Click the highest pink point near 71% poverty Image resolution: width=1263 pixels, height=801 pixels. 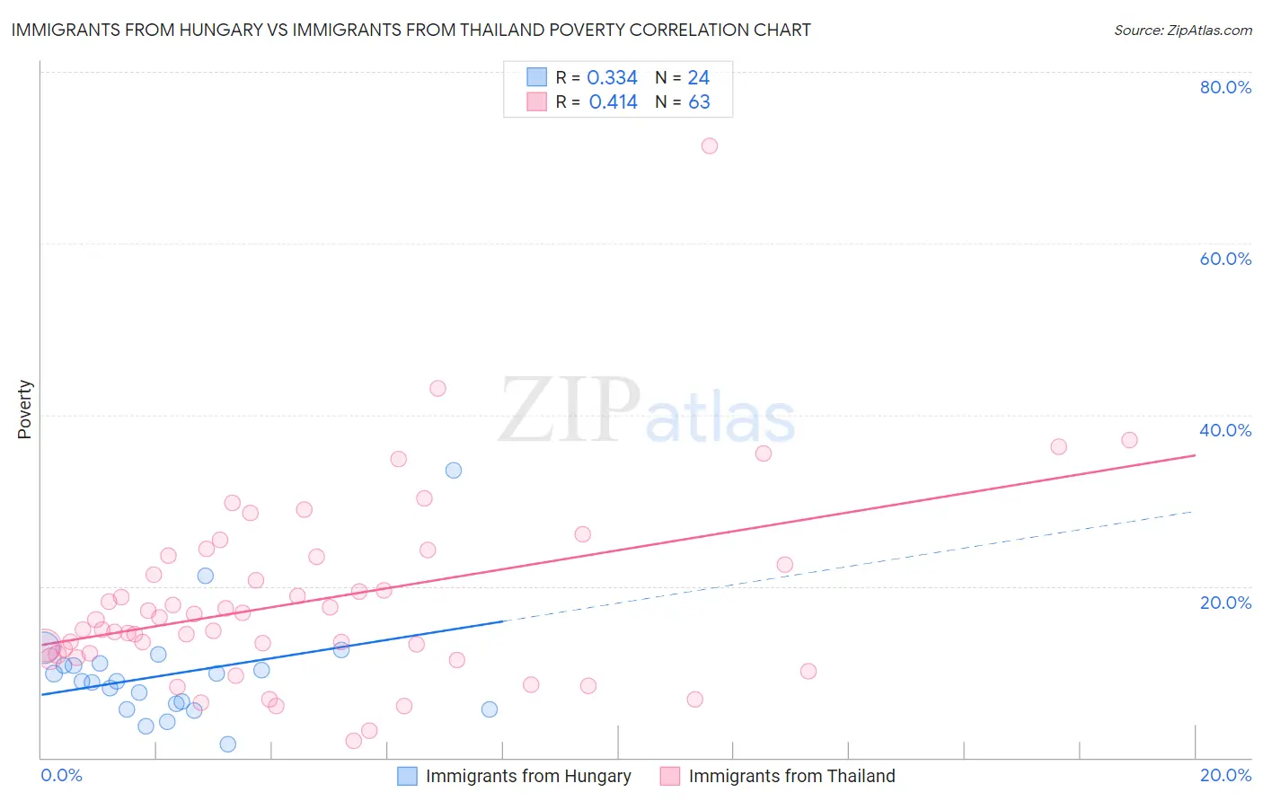pos(709,145)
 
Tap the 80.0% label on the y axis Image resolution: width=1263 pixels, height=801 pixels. pos(1225,87)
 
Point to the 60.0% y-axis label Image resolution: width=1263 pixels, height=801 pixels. pos(1225,259)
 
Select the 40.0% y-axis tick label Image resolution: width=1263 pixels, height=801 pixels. pos(1225,430)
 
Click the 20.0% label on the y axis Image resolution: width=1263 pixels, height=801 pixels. pos(1225,603)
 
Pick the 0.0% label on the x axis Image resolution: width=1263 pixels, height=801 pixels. pos(61,775)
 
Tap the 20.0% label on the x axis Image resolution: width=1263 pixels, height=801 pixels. pos(1225,775)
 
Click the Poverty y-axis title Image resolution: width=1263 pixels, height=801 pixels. pos(24,409)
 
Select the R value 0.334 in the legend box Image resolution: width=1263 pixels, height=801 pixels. pos(612,78)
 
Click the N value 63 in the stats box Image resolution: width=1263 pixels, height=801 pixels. pos(699,102)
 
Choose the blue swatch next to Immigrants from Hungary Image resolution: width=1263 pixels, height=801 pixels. pos(407,776)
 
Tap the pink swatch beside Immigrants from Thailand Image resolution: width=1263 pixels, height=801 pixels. pos(669,776)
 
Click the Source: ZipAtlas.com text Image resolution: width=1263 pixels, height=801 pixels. pos(1182,30)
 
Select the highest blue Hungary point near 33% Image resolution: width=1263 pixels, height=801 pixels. pos(454,471)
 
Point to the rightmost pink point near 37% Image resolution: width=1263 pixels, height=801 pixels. pos(1129,440)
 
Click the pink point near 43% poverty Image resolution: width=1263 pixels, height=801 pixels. pos(437,389)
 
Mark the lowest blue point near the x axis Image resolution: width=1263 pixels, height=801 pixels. pos(228,744)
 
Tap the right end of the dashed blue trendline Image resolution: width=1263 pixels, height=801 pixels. pos(1193,511)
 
